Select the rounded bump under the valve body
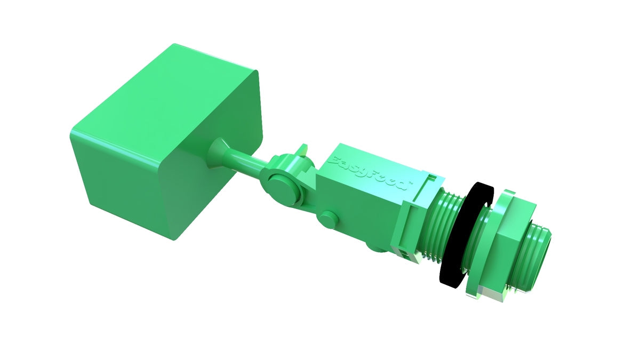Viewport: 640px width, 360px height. [376, 247]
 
